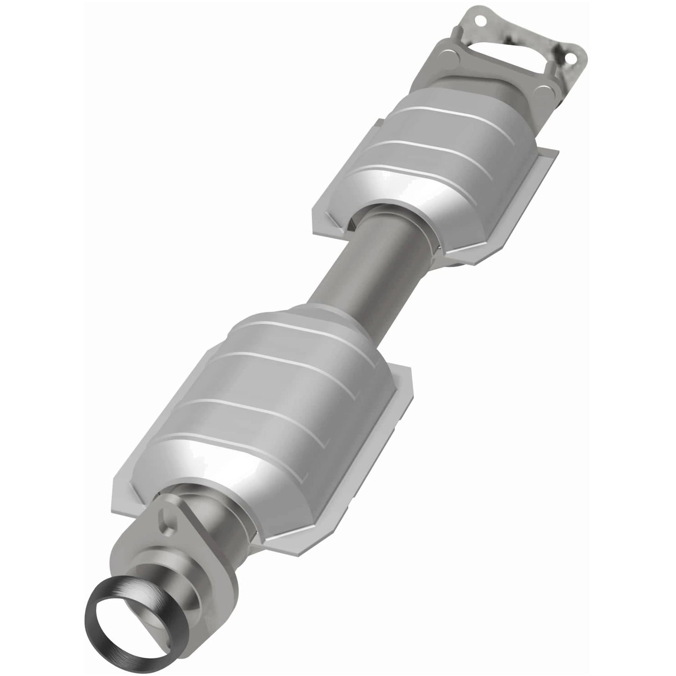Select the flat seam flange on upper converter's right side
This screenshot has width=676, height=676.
(529, 182)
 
